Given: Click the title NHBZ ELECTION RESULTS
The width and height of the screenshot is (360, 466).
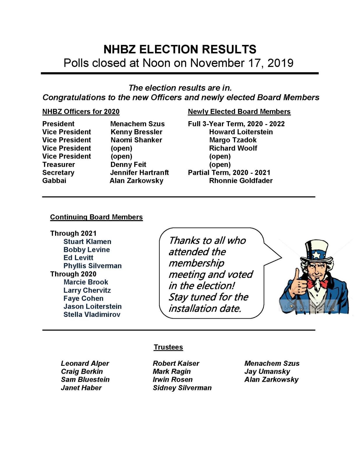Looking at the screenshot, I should click(x=180, y=50).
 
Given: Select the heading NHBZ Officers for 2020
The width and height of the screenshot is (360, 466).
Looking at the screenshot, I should click(x=81, y=112).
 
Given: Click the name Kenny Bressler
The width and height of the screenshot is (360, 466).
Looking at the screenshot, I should click(x=136, y=132).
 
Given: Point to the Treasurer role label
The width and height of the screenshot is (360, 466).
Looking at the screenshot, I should click(x=59, y=165).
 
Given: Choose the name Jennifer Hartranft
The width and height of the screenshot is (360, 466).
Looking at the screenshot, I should click(x=140, y=173).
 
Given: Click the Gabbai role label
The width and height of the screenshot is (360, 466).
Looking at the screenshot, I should click(x=54, y=181).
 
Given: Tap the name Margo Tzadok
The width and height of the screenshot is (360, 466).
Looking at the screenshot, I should click(x=233, y=140).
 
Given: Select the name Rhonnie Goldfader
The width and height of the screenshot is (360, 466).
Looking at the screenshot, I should click(x=241, y=181).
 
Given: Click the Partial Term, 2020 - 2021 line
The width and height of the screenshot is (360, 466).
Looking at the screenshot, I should click(x=229, y=173).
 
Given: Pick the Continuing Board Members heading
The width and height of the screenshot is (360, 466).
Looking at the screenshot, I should click(x=96, y=217).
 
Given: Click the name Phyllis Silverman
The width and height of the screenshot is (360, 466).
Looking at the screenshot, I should click(x=92, y=266).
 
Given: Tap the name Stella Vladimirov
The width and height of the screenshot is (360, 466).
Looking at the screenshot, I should click(x=92, y=315).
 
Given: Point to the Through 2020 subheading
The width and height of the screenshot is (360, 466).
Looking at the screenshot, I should click(x=73, y=274).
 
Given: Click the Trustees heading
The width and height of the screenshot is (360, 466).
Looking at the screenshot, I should click(x=168, y=347).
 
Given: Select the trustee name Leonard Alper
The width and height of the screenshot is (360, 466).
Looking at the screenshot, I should click(x=85, y=363).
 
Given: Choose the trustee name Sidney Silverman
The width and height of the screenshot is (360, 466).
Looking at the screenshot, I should click(x=182, y=388).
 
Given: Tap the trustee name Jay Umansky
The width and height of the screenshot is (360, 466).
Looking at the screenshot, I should click(x=267, y=372).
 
